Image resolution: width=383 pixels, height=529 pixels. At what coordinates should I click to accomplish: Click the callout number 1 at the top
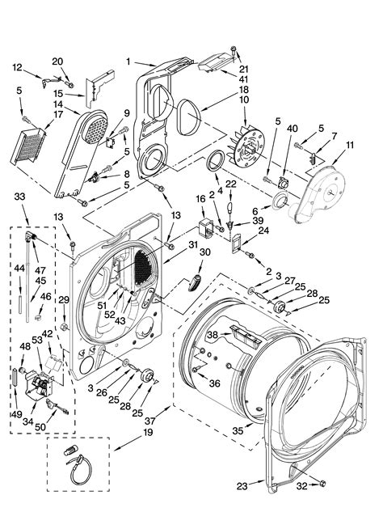(x=128, y=61)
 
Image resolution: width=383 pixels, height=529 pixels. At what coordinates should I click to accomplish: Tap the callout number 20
(x=57, y=61)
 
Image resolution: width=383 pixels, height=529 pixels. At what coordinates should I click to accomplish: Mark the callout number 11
(x=349, y=146)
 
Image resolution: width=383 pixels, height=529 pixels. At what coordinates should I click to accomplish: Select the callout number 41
(x=243, y=78)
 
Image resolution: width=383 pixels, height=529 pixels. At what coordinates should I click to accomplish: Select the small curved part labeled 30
(x=194, y=281)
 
